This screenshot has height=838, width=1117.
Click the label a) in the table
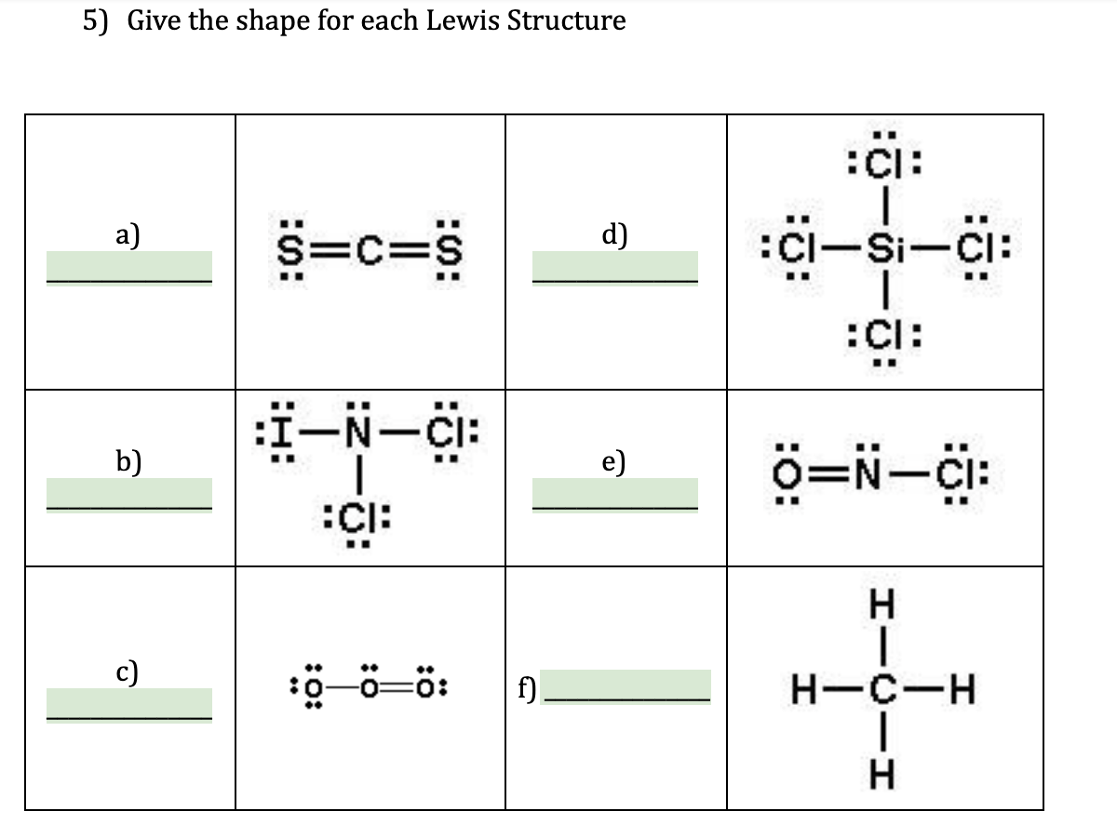(128, 235)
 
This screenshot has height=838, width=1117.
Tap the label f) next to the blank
(525, 689)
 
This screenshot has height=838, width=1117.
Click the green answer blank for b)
(129, 492)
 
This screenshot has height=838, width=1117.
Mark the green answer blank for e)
(613, 492)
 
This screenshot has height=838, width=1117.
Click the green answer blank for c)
(129, 702)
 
